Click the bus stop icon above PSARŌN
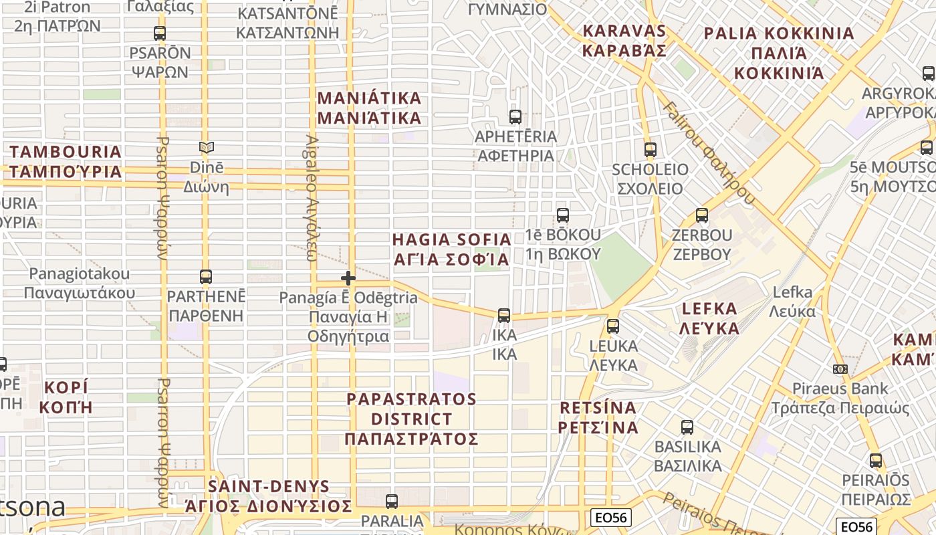[x=160, y=33]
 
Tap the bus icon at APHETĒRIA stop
[x=515, y=117]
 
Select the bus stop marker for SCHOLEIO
[x=651, y=150]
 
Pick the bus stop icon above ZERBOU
[x=702, y=215]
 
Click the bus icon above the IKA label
[x=504, y=315]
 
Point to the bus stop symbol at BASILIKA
[x=687, y=427]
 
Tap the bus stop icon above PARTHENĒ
[x=206, y=276]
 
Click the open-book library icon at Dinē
[x=207, y=148]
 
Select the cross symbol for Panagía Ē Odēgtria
[x=348, y=278]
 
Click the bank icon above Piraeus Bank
[x=840, y=369]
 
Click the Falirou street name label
[x=709, y=154]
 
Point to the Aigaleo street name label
[x=312, y=198]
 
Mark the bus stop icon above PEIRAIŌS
[x=876, y=461]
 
